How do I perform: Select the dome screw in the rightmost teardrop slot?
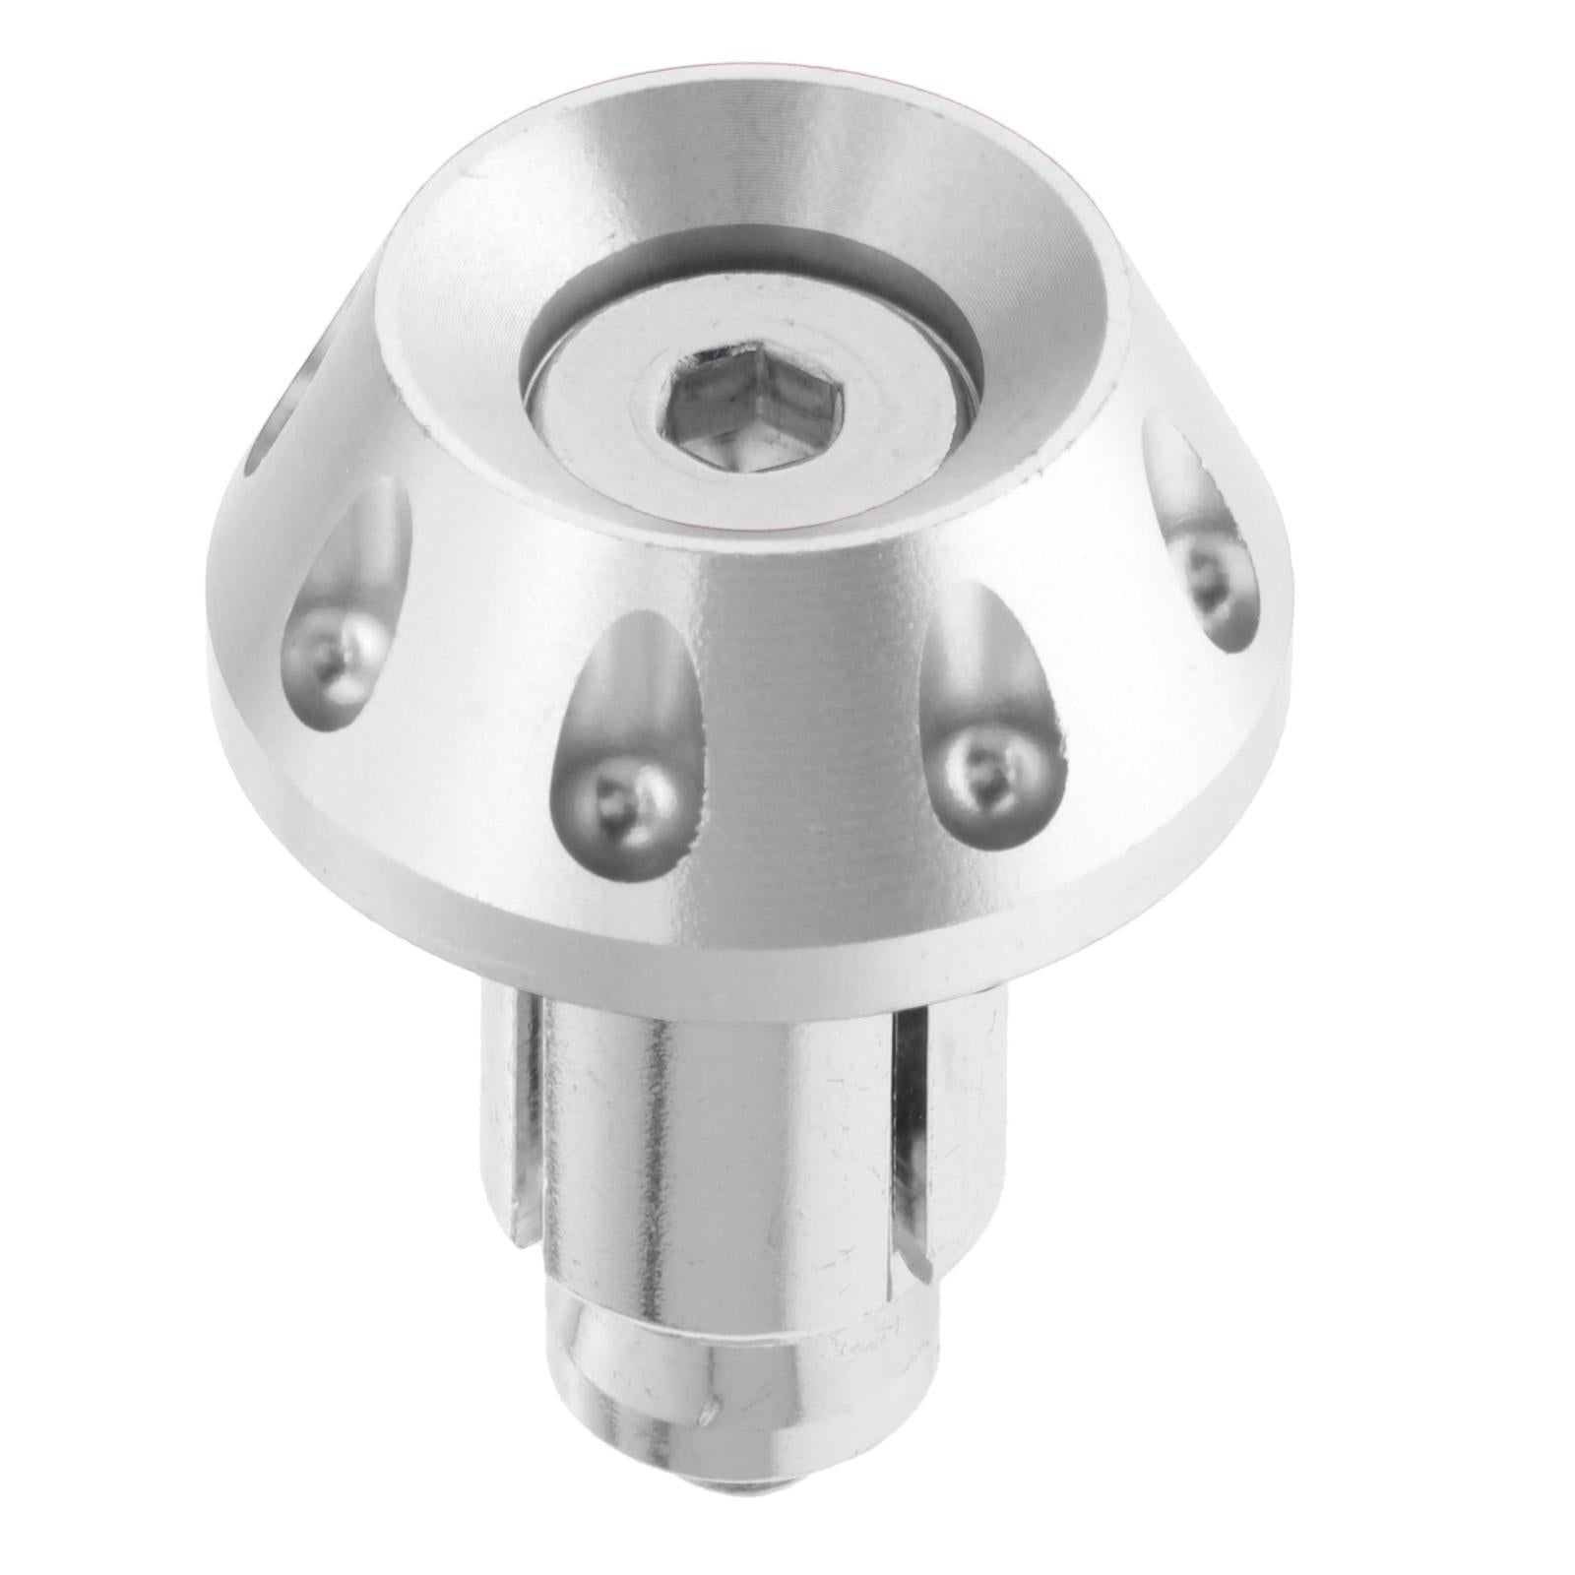pyautogui.click(x=1206, y=571)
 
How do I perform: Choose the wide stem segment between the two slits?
pyautogui.click(x=719, y=1132)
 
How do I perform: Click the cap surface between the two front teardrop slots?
pyautogui.click(x=807, y=728)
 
